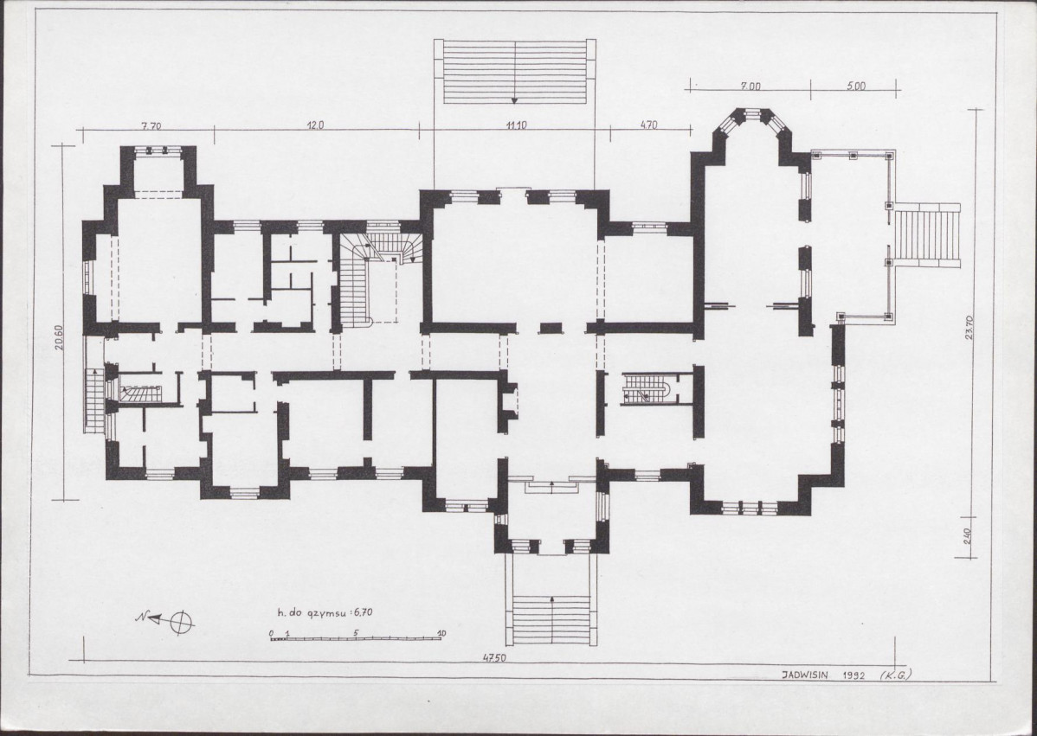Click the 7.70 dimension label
[151, 127]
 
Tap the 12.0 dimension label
[314, 125]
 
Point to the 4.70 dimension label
[649, 125]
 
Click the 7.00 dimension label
[750, 86]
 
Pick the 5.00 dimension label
[856, 86]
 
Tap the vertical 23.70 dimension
[969, 328]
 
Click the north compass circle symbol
[182, 623]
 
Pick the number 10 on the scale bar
[441, 633]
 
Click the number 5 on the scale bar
[356, 633]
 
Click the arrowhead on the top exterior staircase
[514, 100]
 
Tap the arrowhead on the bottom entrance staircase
[552, 599]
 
